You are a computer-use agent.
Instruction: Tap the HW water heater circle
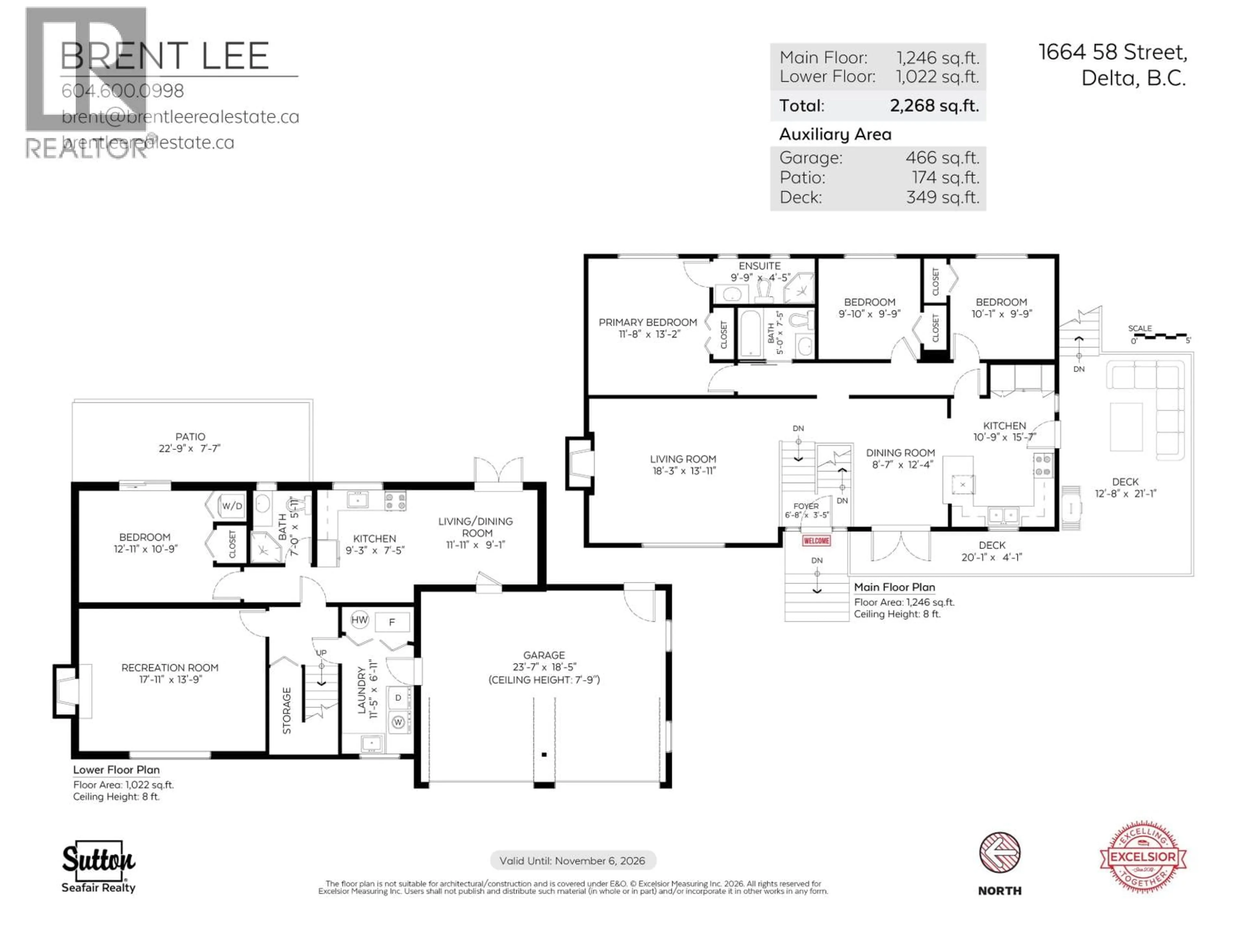[x=359, y=620]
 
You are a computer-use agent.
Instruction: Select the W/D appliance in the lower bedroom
[x=232, y=505]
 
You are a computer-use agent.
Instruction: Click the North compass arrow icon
[x=1000, y=853]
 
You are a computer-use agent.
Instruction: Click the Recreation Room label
[x=170, y=668]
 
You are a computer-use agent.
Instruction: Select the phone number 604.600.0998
[x=122, y=91]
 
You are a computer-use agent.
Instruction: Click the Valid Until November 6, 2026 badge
[x=572, y=861]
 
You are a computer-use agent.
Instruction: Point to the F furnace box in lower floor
[x=392, y=622]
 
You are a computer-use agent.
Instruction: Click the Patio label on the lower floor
[x=190, y=437]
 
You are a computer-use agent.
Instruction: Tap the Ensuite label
[x=759, y=266]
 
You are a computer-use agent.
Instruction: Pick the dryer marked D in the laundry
[x=398, y=698]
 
